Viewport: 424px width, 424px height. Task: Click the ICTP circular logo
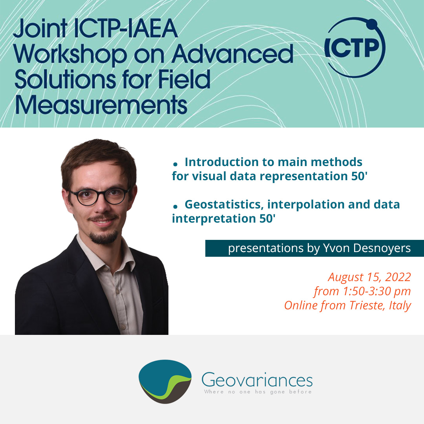pyautogui.click(x=355, y=48)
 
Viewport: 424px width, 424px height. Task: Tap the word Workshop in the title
pyautogui.click(x=70, y=55)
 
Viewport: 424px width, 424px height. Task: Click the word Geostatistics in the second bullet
pyautogui.click(x=224, y=205)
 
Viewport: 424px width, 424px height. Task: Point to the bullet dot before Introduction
pyautogui.click(x=175, y=164)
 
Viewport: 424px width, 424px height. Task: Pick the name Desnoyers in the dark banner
pyautogui.click(x=382, y=248)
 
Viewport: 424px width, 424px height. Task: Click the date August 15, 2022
pyautogui.click(x=369, y=277)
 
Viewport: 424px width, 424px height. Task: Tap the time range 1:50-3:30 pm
pyautogui.click(x=377, y=291)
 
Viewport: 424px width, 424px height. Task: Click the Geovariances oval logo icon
pyautogui.click(x=165, y=381)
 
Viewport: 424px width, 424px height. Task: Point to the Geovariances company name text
pyautogui.click(x=257, y=380)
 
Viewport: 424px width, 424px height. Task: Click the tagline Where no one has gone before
pyautogui.click(x=258, y=392)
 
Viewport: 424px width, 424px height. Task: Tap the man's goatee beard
pyautogui.click(x=104, y=237)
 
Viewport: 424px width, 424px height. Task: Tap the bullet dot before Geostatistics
pyautogui.click(x=175, y=207)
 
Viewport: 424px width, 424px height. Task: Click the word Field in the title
pyautogui.click(x=184, y=79)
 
